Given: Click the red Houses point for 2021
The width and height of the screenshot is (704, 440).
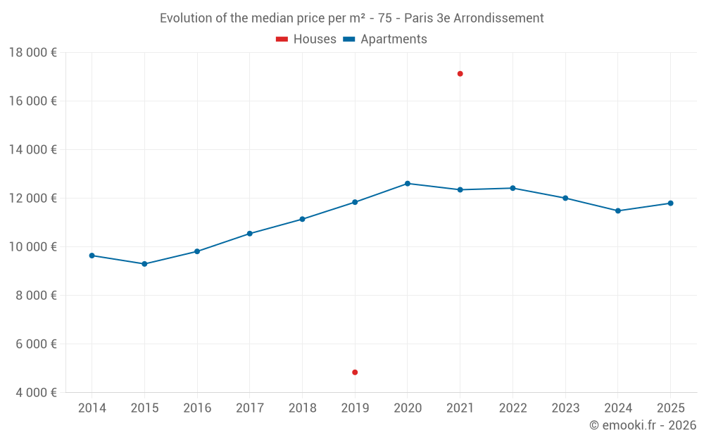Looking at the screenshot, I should click(x=460, y=74).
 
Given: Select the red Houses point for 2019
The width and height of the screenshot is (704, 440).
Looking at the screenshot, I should click(x=355, y=372).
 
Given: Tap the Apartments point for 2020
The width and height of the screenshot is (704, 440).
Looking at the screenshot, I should click(x=408, y=184).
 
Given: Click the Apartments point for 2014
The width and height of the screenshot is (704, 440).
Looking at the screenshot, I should click(x=92, y=256).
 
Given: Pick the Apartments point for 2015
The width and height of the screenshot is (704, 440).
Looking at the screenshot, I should click(x=144, y=264).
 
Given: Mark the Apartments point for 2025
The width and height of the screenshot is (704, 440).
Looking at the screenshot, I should click(x=670, y=203).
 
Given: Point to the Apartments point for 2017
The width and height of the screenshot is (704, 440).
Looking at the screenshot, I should click(x=250, y=234).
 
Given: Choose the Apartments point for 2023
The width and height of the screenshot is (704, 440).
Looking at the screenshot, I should click(x=565, y=198).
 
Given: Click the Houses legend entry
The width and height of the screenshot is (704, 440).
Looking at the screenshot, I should click(x=306, y=39).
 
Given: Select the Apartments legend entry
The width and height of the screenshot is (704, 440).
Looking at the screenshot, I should click(x=385, y=39).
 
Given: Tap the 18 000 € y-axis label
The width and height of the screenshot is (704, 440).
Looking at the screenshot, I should click(x=33, y=52).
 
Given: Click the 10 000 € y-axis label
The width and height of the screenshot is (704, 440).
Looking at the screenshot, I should click(x=33, y=246).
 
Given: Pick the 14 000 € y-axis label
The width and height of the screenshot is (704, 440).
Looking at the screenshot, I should click(x=33, y=149).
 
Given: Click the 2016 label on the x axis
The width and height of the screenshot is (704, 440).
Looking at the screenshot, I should click(x=197, y=408).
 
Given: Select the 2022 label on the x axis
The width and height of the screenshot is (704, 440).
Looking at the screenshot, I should click(x=513, y=408).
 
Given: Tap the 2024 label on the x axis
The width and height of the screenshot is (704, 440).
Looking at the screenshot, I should click(x=617, y=408).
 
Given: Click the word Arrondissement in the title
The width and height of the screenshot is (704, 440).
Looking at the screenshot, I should click(x=498, y=18).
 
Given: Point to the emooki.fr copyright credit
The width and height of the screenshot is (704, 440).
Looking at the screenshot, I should click(x=642, y=425).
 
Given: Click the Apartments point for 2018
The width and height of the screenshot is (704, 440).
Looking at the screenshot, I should click(x=302, y=219).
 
